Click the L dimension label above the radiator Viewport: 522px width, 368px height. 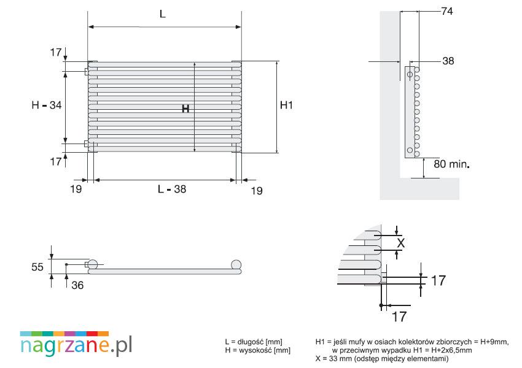[163, 14]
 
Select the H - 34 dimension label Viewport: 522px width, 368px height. [47, 105]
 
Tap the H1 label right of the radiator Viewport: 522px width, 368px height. [286, 105]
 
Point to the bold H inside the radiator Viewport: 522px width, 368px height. [185, 109]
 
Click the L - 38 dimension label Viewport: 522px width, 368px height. [172, 189]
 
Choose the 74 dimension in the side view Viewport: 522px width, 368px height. [446, 11]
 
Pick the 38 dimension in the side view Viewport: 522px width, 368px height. [448, 61]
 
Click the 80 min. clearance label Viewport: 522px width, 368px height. [451, 164]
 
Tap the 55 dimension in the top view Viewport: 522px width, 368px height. [37, 267]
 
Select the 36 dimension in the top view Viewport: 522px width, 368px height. [77, 285]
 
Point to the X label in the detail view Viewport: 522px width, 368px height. [401, 243]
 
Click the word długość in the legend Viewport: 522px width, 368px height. [251, 342]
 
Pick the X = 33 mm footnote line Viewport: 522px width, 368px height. [381, 359]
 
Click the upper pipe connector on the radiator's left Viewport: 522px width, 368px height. [86, 72]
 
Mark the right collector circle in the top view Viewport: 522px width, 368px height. [236, 265]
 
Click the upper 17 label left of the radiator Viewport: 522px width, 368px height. [56, 53]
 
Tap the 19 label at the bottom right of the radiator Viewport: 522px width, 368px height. [257, 191]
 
